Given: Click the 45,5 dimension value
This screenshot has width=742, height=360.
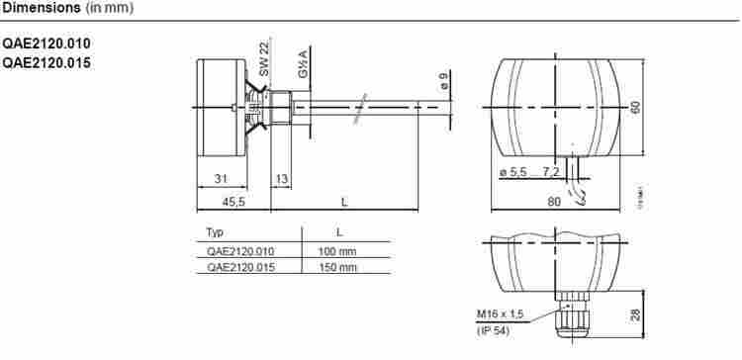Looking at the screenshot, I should pos(232,202).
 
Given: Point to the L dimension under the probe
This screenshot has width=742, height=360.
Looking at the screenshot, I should pos(343,202).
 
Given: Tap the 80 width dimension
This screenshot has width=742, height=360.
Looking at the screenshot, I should pos(554,202).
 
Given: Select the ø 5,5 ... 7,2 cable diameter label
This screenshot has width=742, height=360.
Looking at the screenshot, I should pos(530,173).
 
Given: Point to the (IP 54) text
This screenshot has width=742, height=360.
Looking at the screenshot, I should pos(494,330).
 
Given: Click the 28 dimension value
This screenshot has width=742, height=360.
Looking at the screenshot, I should pos(635,315).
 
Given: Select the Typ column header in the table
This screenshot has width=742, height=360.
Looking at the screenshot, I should pos(215,232).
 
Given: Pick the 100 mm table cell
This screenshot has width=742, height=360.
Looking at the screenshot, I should pos(336,251).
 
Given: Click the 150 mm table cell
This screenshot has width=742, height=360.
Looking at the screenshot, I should pos(336,267).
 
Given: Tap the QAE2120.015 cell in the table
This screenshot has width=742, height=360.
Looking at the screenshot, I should pos(240,267).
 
